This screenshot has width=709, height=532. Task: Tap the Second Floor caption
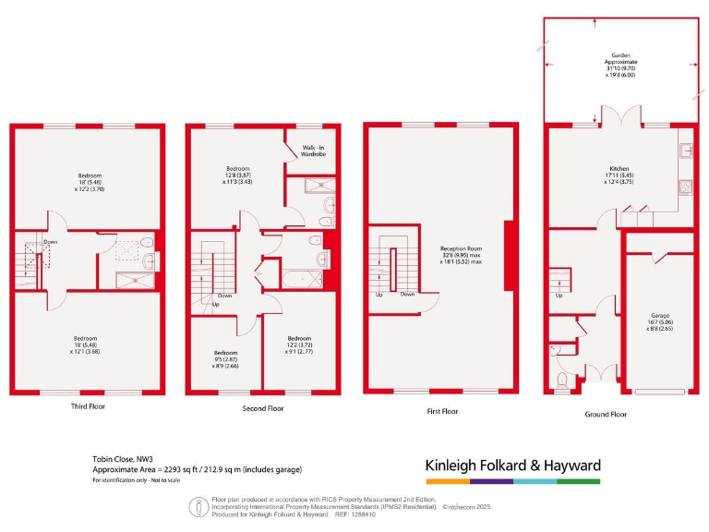pyautogui.click(x=261, y=406)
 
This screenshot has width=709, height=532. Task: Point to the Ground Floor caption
pyautogui.click(x=607, y=414)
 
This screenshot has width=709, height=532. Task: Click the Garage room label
pyautogui.click(x=658, y=320)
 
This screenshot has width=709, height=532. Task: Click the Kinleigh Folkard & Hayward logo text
pyautogui.click(x=512, y=465)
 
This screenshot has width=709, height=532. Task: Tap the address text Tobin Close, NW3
pyautogui.click(x=124, y=459)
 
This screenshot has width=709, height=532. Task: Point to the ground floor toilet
pyautogui.click(x=563, y=381)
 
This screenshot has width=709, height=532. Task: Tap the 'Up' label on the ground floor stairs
pyautogui.click(x=559, y=296)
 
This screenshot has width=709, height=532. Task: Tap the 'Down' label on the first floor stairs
pyautogui.click(x=408, y=295)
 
